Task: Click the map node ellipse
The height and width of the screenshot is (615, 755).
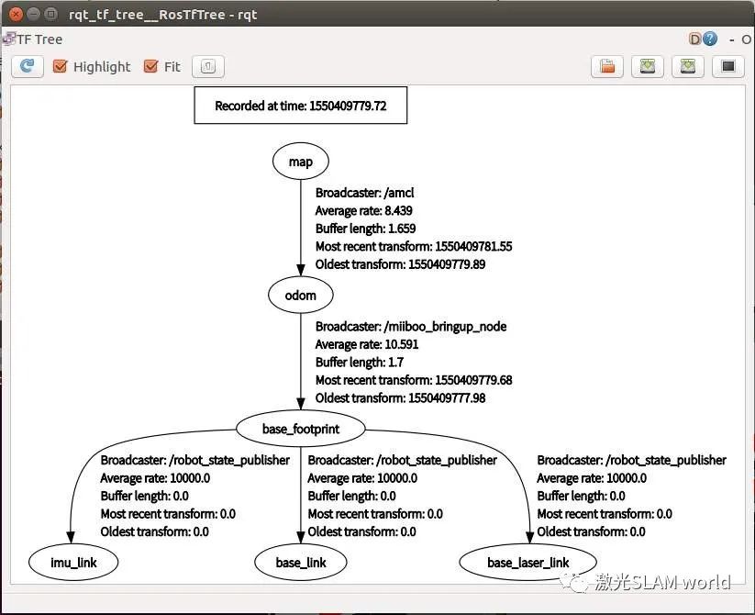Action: click(300, 162)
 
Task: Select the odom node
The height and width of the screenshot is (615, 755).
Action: click(300, 295)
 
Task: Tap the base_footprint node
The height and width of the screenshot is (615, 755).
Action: click(300, 428)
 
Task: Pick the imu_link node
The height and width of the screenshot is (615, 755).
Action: click(74, 562)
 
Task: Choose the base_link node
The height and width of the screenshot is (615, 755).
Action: click(300, 562)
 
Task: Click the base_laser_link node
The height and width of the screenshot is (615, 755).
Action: click(527, 562)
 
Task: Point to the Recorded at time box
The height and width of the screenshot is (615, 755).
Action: click(300, 106)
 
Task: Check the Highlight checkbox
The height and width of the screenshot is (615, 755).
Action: click(61, 66)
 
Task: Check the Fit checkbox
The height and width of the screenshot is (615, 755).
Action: click(151, 66)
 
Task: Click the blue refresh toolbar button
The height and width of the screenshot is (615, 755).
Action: click(28, 66)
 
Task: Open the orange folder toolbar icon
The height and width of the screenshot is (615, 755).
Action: click(606, 66)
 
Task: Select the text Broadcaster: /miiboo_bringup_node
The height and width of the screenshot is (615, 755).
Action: click(411, 326)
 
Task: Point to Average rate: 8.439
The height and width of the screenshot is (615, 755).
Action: click(363, 210)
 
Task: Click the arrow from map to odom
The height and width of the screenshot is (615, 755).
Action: click(300, 229)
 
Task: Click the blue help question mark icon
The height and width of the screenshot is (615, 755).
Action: click(709, 39)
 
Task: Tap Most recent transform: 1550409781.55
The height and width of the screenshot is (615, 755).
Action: click(414, 246)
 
